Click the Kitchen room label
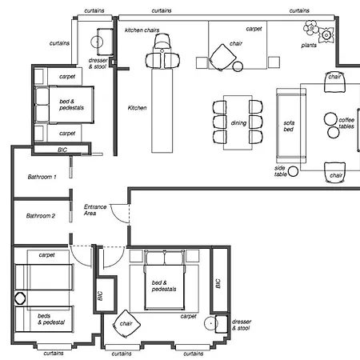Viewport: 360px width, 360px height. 138,108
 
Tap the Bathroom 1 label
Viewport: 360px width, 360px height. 42,177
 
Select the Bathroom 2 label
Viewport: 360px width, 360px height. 41,216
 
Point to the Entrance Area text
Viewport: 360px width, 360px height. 95,210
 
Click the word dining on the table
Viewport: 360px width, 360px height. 238,123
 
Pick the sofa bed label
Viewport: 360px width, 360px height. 289,126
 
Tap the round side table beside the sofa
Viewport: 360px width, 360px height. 293,171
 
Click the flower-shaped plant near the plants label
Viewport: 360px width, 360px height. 310,27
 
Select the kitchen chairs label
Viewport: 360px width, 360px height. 142,30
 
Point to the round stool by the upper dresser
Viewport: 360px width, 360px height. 97,42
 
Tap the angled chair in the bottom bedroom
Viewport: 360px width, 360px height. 126,324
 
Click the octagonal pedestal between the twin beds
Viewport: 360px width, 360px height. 20,298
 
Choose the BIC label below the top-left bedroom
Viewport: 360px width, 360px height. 62,150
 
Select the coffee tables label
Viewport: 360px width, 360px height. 346,123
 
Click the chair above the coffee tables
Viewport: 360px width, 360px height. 334,82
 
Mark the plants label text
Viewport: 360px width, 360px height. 309,46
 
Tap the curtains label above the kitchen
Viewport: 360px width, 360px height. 162,10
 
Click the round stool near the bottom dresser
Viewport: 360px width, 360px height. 210,323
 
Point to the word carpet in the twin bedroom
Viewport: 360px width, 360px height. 46,255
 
